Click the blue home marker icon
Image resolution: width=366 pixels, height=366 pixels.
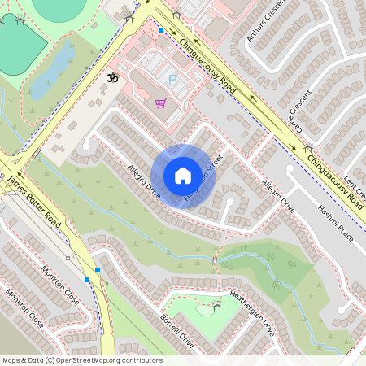pos(183,176)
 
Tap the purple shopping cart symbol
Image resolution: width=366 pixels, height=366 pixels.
pos(160,103)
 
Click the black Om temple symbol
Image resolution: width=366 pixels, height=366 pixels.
pos(112,78)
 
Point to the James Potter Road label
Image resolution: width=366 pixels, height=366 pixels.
pos(34,200)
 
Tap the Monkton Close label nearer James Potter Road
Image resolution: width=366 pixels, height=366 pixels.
pos(59,284)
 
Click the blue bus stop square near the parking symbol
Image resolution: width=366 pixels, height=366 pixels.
pos(161,30)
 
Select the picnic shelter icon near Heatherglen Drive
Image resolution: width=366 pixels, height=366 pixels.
pos(216,306)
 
